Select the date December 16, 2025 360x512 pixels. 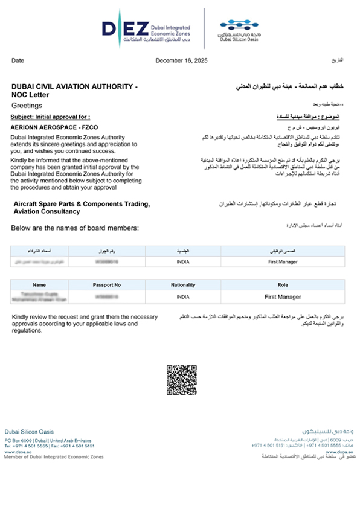(x=181, y=60)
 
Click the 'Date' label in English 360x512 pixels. (x=18, y=60)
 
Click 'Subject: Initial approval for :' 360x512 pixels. (x=51, y=116)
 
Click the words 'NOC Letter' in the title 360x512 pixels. (x=30, y=95)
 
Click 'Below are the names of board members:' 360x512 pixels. (x=75, y=228)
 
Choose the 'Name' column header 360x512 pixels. (x=40, y=284)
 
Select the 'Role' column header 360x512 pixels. (x=283, y=284)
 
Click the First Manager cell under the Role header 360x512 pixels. (x=283, y=297)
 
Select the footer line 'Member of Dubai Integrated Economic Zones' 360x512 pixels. (x=54, y=457)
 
